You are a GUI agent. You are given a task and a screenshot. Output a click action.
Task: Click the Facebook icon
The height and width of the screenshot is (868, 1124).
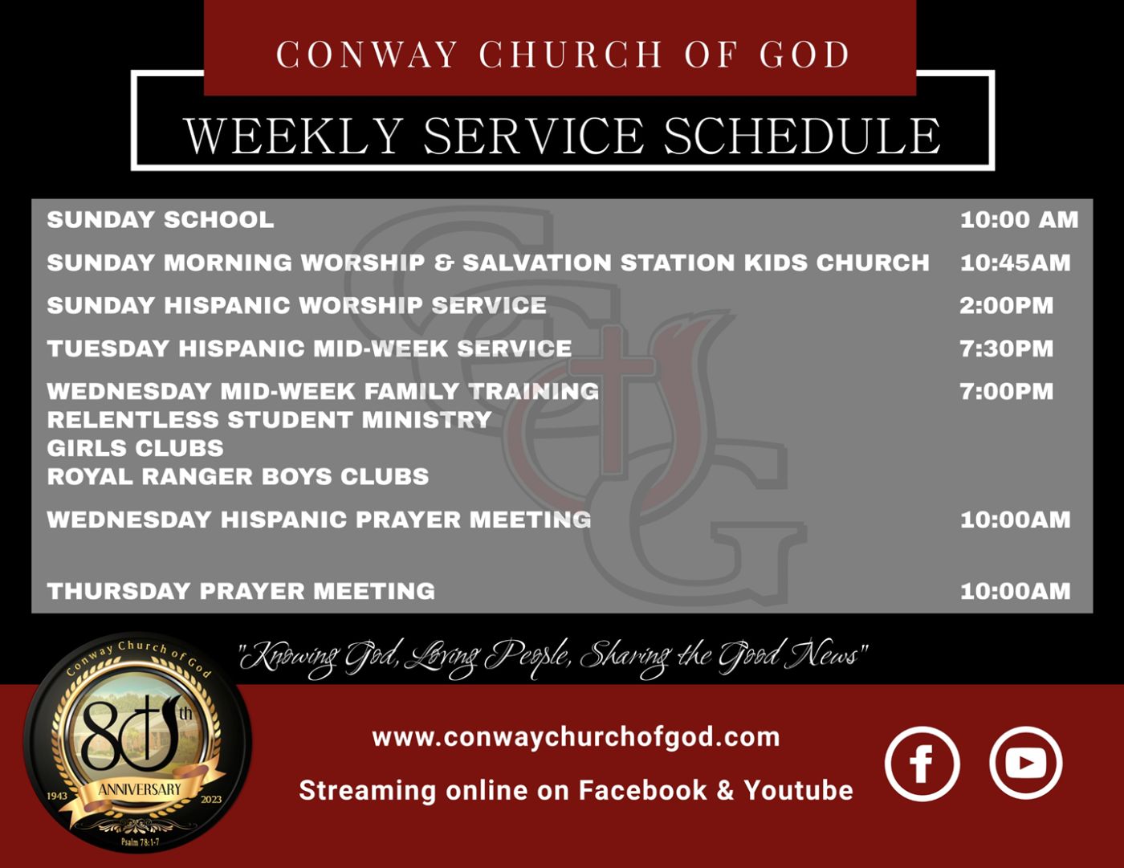922,764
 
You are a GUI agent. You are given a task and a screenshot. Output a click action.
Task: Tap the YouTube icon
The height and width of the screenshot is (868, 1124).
1026,763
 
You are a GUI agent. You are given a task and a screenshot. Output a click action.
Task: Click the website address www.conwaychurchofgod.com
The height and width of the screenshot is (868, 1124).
576,736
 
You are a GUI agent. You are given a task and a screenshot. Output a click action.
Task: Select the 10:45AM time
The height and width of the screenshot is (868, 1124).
1015,263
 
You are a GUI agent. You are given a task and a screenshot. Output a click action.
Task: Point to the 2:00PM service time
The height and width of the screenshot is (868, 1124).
1006,305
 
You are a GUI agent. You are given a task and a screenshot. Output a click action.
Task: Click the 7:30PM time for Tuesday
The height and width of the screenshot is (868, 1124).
1006,348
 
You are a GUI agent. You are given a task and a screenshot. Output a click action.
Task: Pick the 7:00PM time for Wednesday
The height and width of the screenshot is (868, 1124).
1006,391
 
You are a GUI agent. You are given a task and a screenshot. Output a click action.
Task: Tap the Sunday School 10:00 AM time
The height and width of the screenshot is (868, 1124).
1019,220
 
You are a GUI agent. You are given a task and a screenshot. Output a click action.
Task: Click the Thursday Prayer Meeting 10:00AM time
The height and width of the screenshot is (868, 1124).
1015,591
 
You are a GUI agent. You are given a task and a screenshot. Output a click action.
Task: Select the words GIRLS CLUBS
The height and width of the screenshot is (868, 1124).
136,448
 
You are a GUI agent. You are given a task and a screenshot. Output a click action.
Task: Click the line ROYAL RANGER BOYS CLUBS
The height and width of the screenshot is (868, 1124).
238,476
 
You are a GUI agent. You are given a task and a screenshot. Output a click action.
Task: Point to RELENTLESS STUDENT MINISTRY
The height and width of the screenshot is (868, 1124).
269,419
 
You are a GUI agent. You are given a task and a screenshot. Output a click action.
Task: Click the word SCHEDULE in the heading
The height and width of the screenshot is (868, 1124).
802,136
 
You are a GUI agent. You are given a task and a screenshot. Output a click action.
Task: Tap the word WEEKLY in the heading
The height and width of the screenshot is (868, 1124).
293,136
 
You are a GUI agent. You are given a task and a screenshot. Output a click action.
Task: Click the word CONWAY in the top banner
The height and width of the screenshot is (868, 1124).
367,54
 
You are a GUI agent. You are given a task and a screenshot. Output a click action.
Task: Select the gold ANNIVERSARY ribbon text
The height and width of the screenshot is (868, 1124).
140,789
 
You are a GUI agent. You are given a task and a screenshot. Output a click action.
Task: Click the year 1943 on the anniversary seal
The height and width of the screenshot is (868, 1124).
57,795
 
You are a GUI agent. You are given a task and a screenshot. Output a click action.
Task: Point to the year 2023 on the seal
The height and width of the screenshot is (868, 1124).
211,799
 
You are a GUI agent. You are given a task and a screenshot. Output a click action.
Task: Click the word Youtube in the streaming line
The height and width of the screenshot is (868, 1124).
798,790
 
